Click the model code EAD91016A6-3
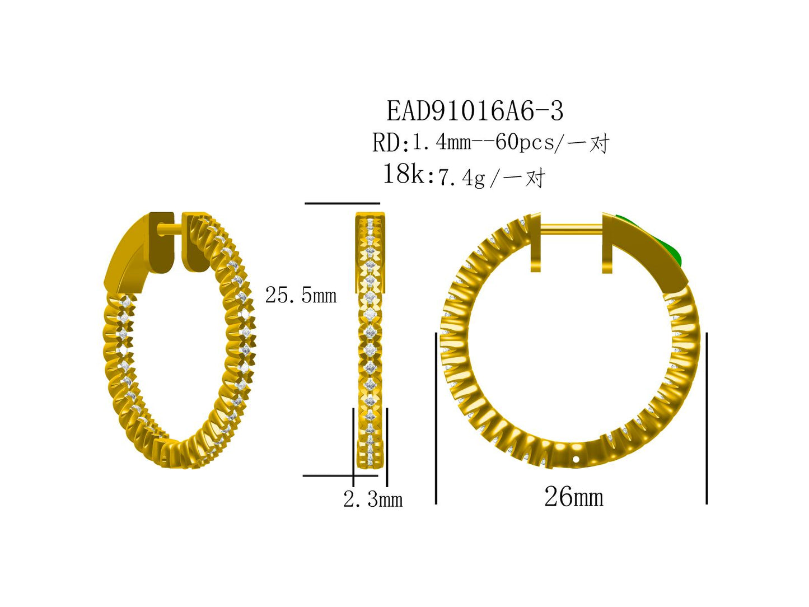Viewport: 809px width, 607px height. pos(475,111)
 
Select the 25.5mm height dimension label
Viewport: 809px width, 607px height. pos(301,295)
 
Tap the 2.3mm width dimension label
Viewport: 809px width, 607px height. pos(373,499)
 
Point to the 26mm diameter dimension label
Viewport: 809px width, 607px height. pos(573,497)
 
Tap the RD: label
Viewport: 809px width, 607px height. pos(390,143)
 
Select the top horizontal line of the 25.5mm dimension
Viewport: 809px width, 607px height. pos(342,203)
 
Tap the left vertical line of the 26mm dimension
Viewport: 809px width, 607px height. pos(436,418)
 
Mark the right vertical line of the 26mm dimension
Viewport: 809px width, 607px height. pos(707,418)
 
